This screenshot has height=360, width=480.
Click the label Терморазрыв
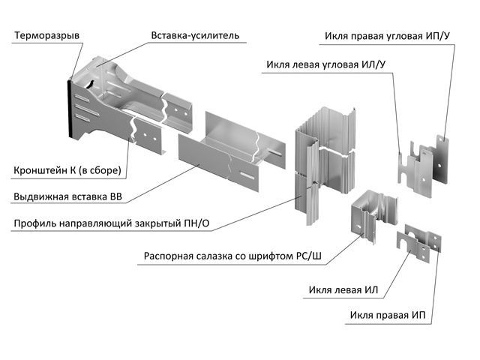47,36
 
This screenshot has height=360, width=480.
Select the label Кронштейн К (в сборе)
67,171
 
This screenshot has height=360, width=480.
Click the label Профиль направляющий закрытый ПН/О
109,223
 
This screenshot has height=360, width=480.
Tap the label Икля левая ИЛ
342,290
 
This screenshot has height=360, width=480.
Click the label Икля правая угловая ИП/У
387,35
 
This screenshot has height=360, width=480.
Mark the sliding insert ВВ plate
225,154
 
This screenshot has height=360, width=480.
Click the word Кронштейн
41,171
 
